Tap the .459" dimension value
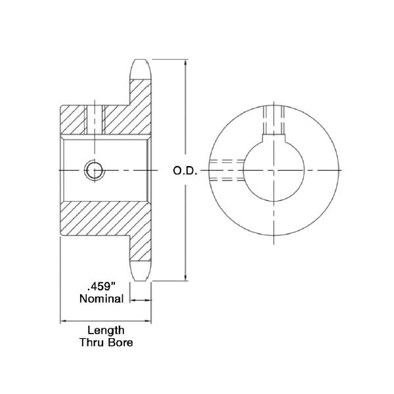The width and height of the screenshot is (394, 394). pyautogui.click(x=101, y=287)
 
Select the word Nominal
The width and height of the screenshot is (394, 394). pyautogui.click(x=101, y=299)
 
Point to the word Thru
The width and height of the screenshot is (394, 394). pyautogui.click(x=91, y=343)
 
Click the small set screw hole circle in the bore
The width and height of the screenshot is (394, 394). pyautogui.click(x=93, y=170)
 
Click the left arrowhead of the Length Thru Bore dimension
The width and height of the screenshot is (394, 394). pyautogui.click(x=64, y=321)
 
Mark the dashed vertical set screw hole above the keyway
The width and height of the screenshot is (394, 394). pyautogui.click(x=274, y=118)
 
